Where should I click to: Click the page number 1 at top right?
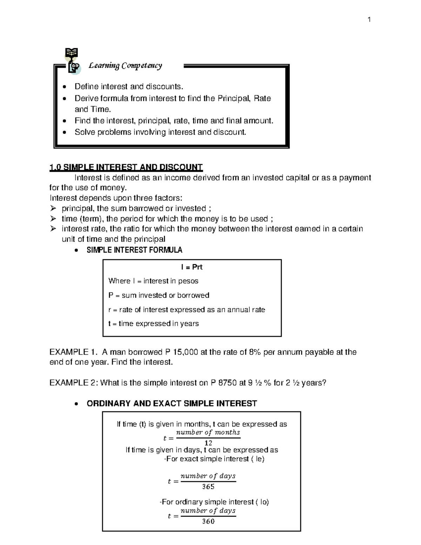point(369,20)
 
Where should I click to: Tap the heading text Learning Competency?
point(125,66)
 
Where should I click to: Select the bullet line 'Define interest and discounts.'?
point(129,86)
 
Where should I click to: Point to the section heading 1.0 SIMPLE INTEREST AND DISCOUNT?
point(126,167)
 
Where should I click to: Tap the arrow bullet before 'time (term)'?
point(53,219)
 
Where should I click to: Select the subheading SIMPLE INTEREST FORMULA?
point(134,250)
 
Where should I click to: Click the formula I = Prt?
point(192,267)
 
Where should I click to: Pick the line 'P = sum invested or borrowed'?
point(159,295)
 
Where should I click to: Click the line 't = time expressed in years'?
point(154,324)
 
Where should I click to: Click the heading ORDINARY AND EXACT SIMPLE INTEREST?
point(172,404)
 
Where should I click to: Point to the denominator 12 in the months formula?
point(208,443)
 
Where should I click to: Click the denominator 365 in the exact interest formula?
point(208,487)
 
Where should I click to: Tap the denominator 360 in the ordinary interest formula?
point(208,521)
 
